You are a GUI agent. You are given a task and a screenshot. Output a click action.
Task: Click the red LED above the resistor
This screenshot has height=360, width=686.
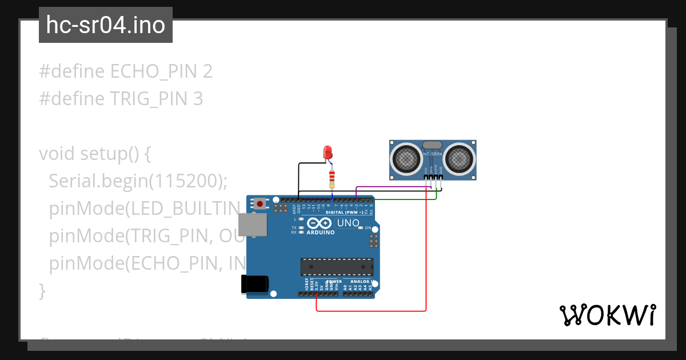[x=328, y=152]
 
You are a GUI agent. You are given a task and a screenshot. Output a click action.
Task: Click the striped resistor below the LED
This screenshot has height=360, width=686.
[x=332, y=179]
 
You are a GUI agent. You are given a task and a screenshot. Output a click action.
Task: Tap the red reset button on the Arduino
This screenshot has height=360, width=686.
[x=261, y=203]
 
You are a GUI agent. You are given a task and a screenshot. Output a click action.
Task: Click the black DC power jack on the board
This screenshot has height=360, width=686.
[x=254, y=284]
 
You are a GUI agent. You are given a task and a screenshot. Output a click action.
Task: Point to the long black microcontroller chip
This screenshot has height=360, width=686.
[x=337, y=267]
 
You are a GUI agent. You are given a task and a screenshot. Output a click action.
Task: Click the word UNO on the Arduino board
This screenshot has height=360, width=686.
[x=348, y=223]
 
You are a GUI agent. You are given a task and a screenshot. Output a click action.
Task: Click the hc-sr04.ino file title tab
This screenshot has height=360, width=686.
[x=106, y=25]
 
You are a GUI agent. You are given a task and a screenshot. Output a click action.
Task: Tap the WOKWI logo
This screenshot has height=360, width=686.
[x=607, y=315]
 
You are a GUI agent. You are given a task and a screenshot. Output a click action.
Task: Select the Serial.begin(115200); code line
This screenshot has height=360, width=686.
[x=138, y=181]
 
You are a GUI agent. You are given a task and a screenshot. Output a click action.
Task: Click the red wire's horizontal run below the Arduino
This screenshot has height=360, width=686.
[x=372, y=311]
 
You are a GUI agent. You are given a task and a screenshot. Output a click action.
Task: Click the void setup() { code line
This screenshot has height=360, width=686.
[x=95, y=154]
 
